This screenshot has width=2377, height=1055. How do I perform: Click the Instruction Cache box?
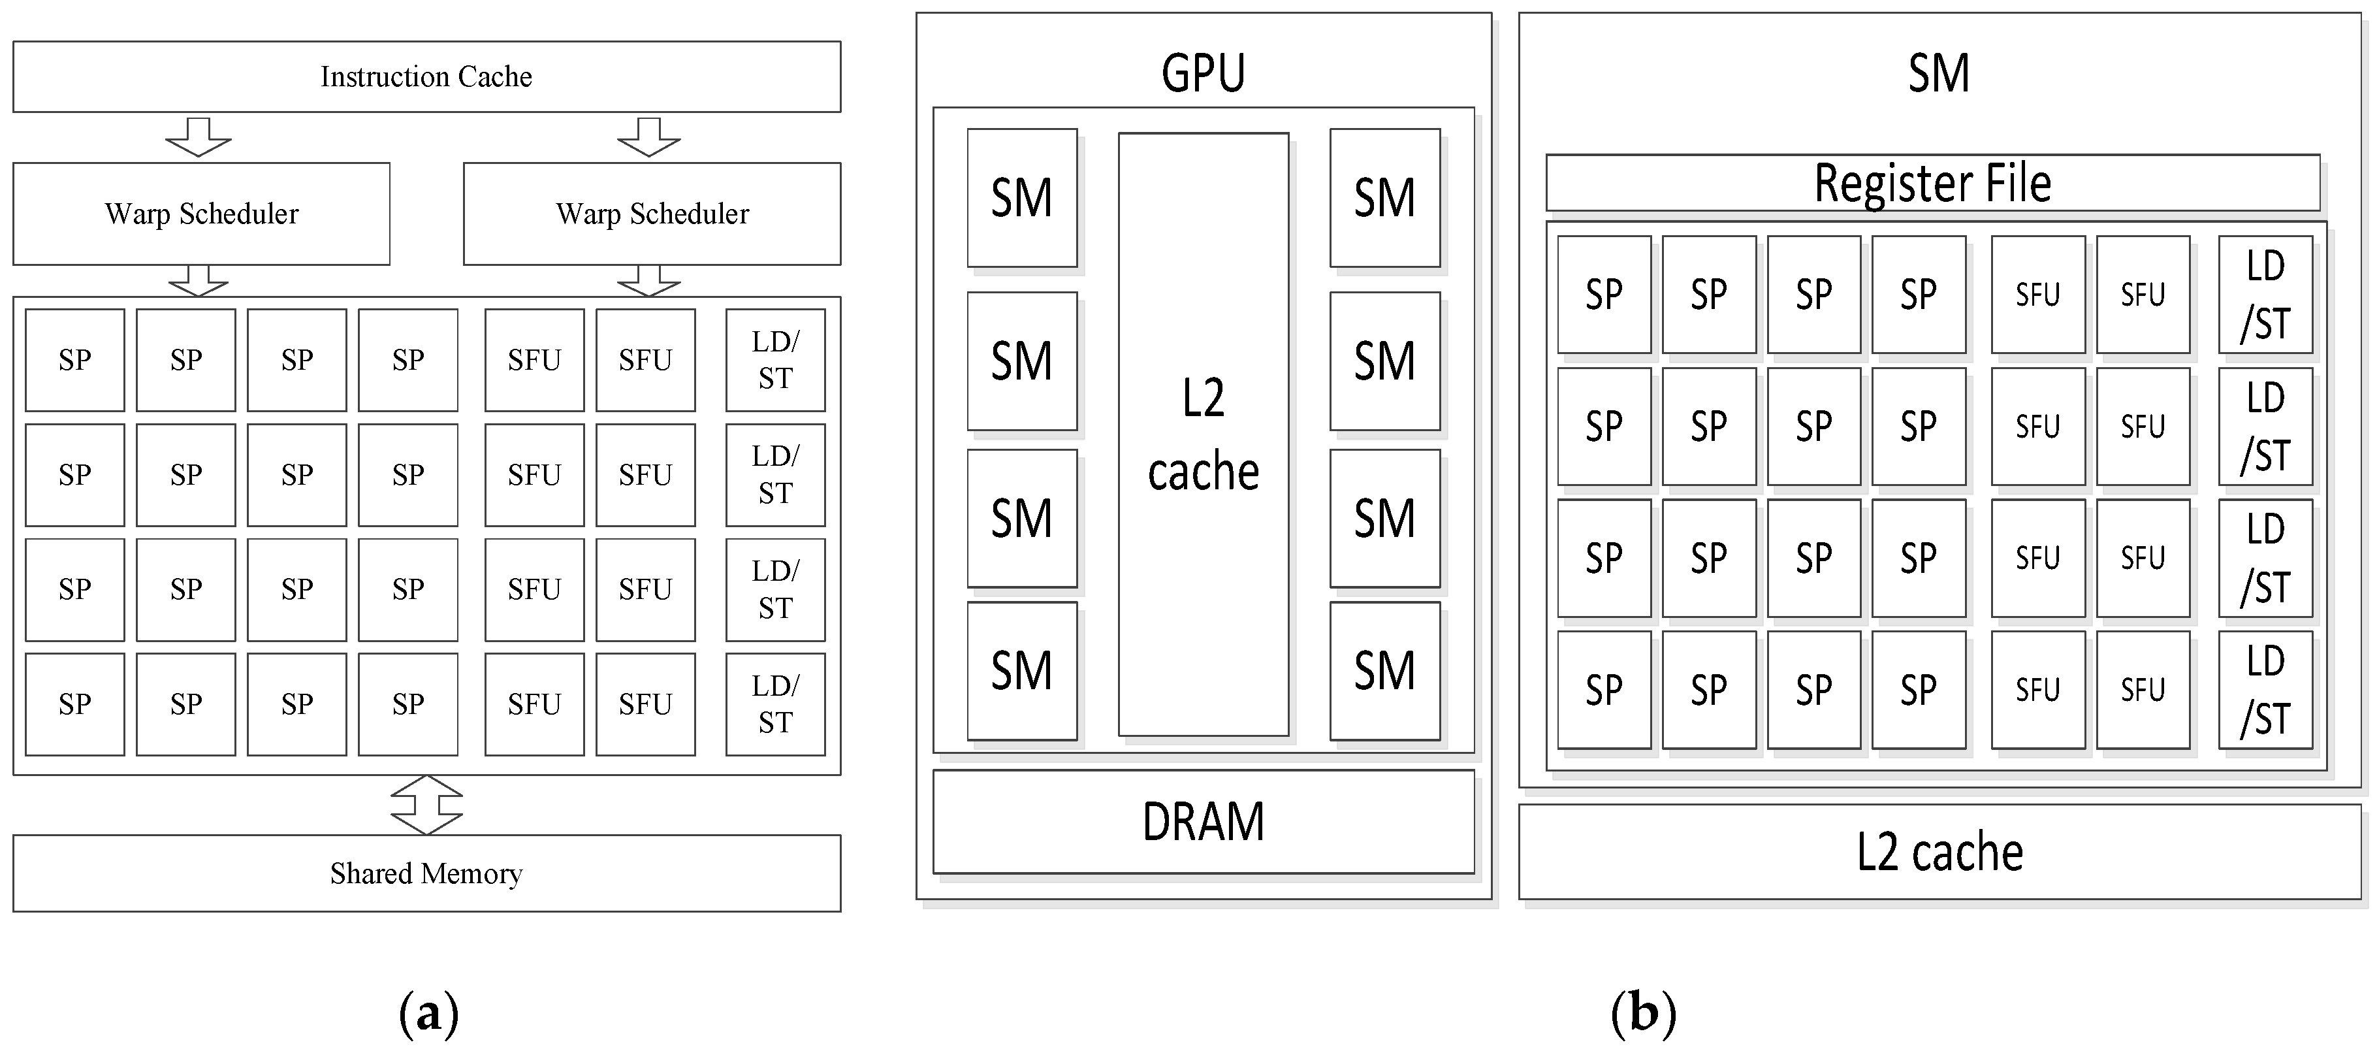click(426, 76)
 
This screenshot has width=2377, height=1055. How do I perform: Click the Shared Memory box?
click(426, 873)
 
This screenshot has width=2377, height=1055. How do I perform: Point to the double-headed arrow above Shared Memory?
click(426, 805)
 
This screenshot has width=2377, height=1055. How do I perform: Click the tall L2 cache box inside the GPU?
click(1204, 434)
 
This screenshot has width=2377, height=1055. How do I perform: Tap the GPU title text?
click(1204, 73)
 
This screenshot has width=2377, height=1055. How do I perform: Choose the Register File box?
click(1932, 183)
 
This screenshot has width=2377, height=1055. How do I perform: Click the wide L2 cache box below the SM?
click(1939, 851)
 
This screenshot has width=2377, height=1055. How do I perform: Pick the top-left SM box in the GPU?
click(1021, 197)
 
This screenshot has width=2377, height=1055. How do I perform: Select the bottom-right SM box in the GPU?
click(1384, 671)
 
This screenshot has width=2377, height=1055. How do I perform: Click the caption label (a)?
click(428, 1013)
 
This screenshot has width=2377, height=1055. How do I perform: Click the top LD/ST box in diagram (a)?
click(775, 360)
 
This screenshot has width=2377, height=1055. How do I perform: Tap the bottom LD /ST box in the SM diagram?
click(2265, 689)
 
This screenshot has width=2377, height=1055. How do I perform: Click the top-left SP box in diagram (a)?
click(74, 360)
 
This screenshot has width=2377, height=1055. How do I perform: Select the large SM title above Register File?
click(1939, 73)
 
